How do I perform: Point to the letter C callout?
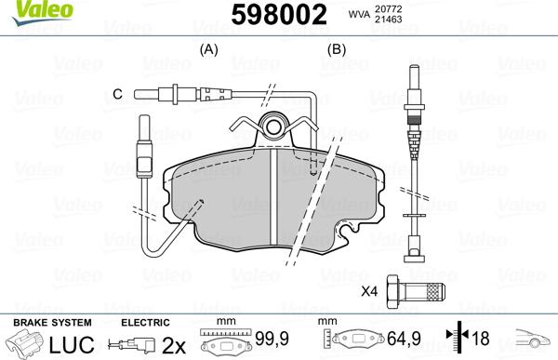tap(118, 93)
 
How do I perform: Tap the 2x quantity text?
tap(174, 344)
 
